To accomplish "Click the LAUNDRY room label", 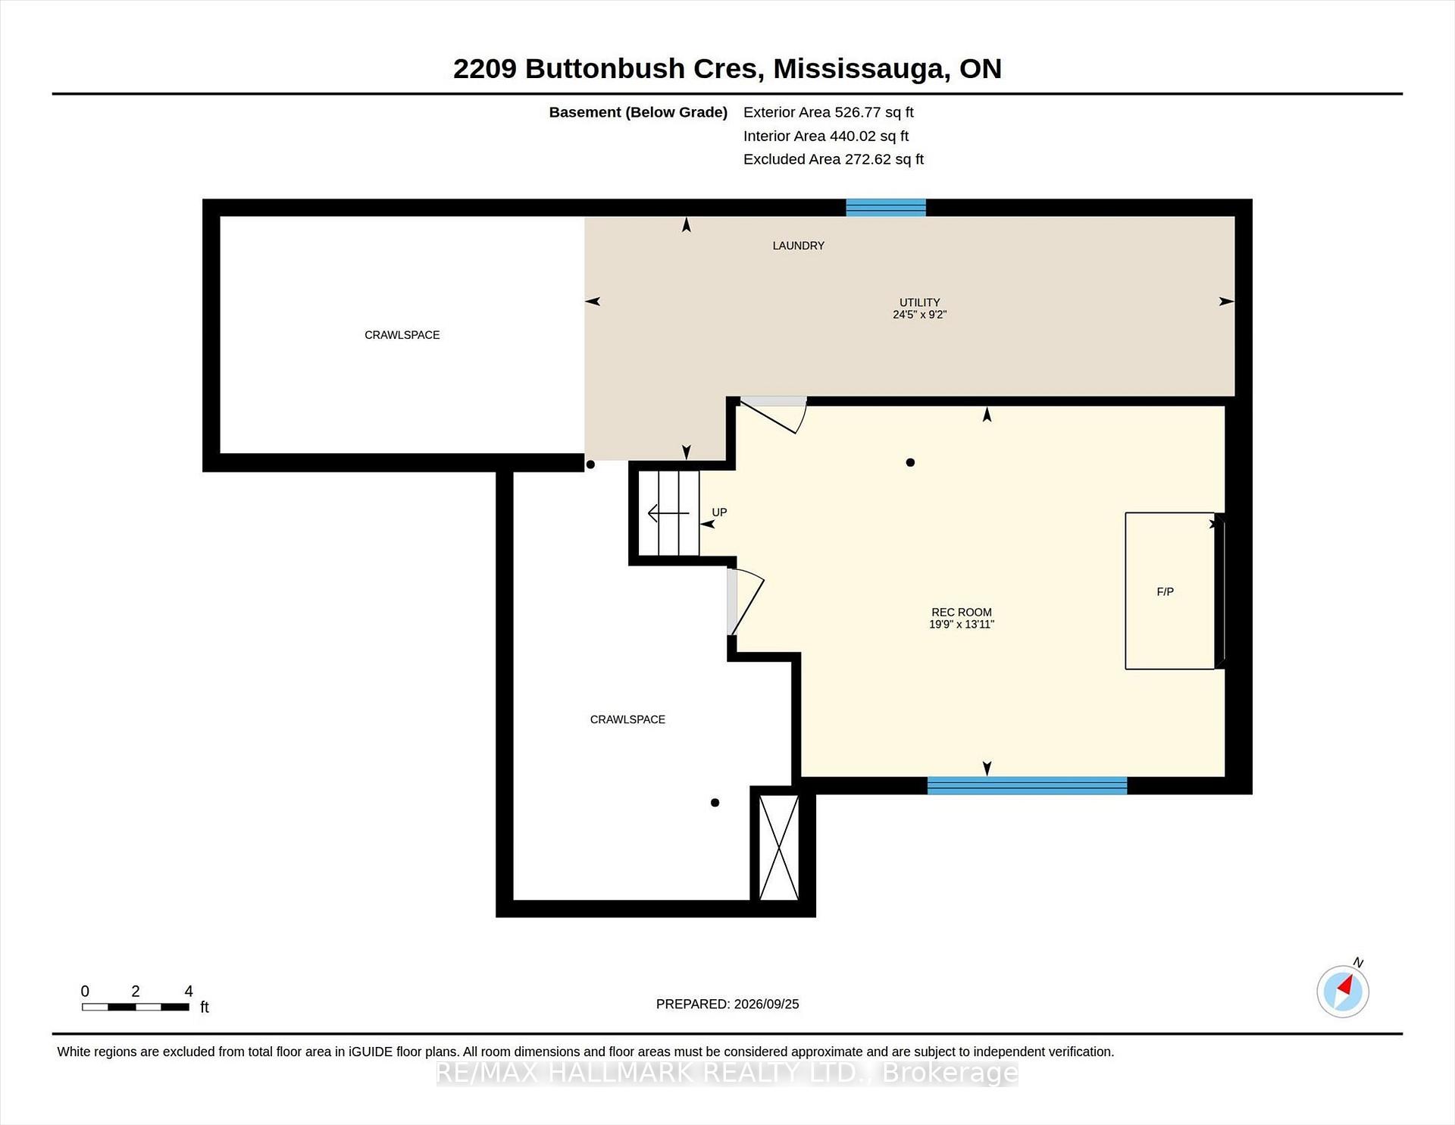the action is pos(798,246).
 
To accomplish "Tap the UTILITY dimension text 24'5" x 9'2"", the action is pos(919,315).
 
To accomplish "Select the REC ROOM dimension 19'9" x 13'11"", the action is pos(962,625).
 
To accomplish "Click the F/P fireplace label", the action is pos(1165,592).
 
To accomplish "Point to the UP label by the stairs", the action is pos(719,512).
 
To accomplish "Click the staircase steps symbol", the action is pos(668,513).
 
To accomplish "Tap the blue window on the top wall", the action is pos(886,207).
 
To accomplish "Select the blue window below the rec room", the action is pos(1027,785).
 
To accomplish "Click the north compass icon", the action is pos(1343,990).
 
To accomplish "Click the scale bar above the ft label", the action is pos(136,1007).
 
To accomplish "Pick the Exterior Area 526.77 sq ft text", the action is pos(828,112).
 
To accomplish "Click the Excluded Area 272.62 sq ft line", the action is pos(834,159).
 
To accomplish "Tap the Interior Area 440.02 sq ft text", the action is pos(826,136).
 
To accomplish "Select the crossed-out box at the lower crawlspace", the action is pos(779,848).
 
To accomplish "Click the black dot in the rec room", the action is pos(910,462).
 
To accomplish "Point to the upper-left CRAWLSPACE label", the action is pos(402,335).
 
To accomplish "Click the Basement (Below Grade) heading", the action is pos(638,112).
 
